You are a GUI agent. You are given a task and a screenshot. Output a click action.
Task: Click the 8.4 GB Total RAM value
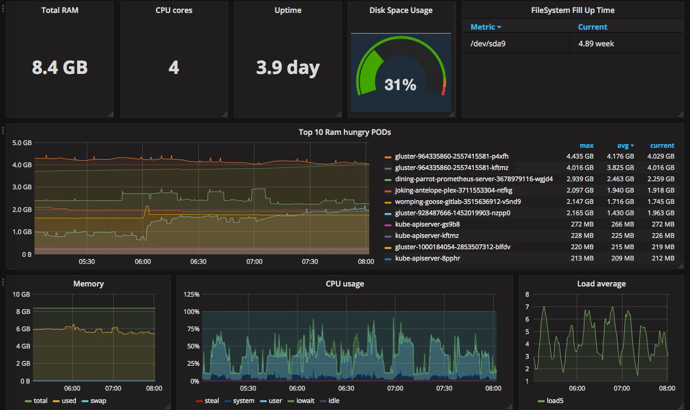60,68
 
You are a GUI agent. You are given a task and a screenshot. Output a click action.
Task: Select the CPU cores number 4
174,68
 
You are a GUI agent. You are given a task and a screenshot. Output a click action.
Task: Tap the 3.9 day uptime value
287,68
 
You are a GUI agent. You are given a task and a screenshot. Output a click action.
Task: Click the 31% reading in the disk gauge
400,85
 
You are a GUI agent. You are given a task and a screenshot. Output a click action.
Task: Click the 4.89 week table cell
596,44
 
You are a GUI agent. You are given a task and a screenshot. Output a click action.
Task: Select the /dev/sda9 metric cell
488,44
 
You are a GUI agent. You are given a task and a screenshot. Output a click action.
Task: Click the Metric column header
485,27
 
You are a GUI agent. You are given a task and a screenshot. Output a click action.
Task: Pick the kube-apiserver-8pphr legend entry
427,258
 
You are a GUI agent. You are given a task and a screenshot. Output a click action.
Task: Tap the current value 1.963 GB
660,213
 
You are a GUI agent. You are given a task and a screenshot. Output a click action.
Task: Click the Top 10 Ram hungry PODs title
344,132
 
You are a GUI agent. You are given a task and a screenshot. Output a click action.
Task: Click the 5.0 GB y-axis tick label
22,143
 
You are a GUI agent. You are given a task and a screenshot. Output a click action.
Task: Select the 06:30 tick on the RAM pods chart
198,262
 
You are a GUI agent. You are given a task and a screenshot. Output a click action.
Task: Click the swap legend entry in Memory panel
99,401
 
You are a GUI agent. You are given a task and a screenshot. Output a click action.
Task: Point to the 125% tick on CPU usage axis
192,295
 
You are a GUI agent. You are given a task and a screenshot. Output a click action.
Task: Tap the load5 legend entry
554,401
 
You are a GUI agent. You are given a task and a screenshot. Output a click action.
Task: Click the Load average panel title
601,284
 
